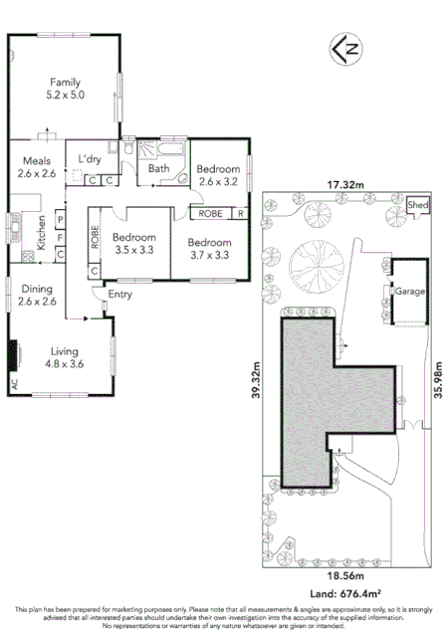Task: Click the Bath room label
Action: pyautogui.click(x=158, y=168)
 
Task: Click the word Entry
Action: pyautogui.click(x=119, y=294)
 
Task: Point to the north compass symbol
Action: pyautogui.click(x=345, y=49)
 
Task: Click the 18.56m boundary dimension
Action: pyautogui.click(x=345, y=575)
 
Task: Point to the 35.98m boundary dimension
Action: pyautogui.click(x=436, y=379)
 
